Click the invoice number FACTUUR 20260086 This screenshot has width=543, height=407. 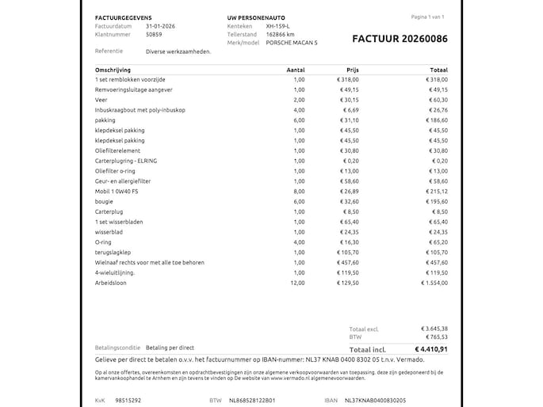[399, 38]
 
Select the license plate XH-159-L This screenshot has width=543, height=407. [278, 26]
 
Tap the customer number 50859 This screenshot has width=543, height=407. [155, 35]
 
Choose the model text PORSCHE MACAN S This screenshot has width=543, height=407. [292, 44]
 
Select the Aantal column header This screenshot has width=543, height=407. [295, 70]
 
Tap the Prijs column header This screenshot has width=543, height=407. [353, 70]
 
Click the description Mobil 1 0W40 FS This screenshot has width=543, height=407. [116, 192]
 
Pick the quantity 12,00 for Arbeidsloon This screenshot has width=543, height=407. [298, 283]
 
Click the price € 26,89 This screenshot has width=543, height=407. [348, 192]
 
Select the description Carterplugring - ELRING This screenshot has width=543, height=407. [126, 161]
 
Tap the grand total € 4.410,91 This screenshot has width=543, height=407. [431, 348]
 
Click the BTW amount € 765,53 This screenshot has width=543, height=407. [434, 337]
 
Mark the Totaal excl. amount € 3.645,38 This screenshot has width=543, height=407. [434, 329]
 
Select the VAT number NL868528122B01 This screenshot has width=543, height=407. [252, 400]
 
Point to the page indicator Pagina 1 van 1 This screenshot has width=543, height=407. [426, 16]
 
